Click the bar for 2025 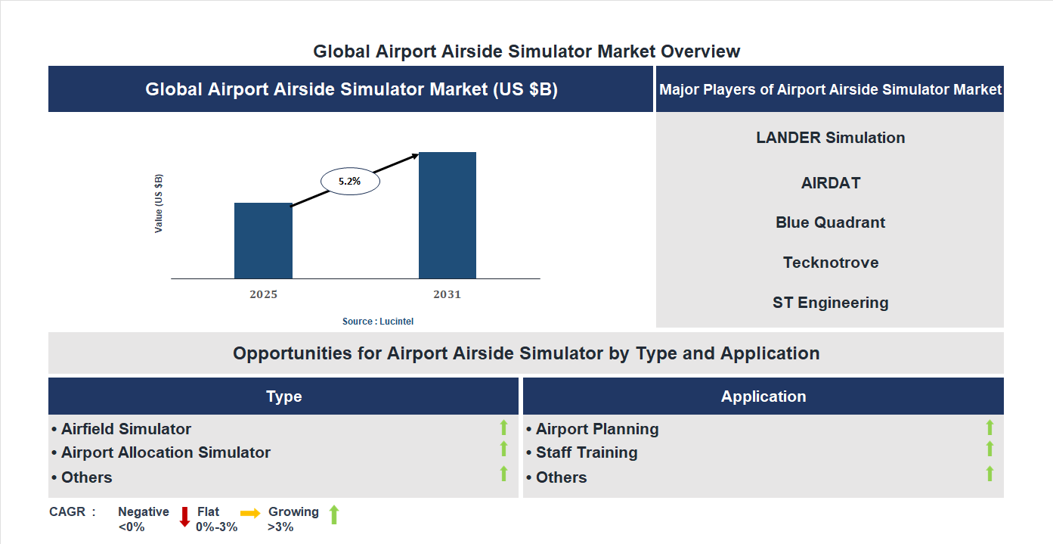[263, 241]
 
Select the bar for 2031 [448, 215]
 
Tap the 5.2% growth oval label [350, 182]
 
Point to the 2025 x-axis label [263, 294]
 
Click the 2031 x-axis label [447, 294]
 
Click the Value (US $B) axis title [159, 204]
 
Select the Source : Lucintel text [377, 322]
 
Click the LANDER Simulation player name [830, 138]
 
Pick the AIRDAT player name [830, 183]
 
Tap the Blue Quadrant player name [830, 222]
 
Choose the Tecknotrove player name [830, 263]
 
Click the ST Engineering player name [830, 303]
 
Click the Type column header [283, 396]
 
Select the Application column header [763, 396]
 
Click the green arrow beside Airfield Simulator [503, 428]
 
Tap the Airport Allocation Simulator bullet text [166, 452]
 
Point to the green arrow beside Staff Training [990, 449]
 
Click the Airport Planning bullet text [597, 429]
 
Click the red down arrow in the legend [184, 517]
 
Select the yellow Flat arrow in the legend [250, 513]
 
